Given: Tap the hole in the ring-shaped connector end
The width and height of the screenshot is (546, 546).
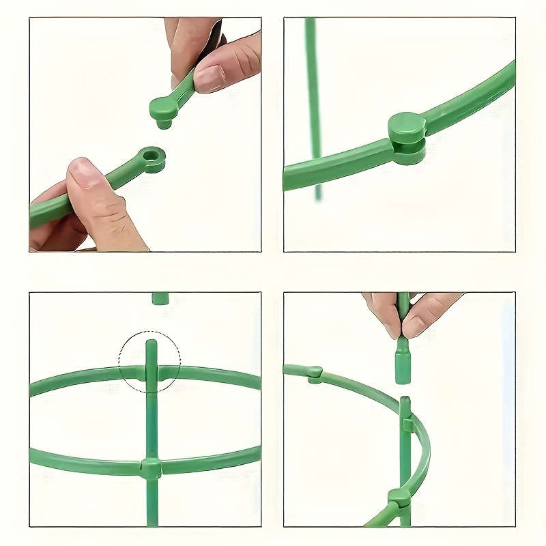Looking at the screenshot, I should click(x=153, y=157).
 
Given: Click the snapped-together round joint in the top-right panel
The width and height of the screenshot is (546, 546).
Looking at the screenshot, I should click(x=407, y=137).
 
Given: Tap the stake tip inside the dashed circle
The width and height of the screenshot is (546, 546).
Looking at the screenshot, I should click(x=151, y=348).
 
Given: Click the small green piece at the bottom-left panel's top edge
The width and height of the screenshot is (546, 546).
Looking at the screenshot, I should click(x=160, y=298).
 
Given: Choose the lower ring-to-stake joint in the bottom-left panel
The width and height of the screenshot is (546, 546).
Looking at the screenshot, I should click(x=151, y=468).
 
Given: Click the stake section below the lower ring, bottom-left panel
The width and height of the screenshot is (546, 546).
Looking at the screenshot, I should click(x=151, y=505).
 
